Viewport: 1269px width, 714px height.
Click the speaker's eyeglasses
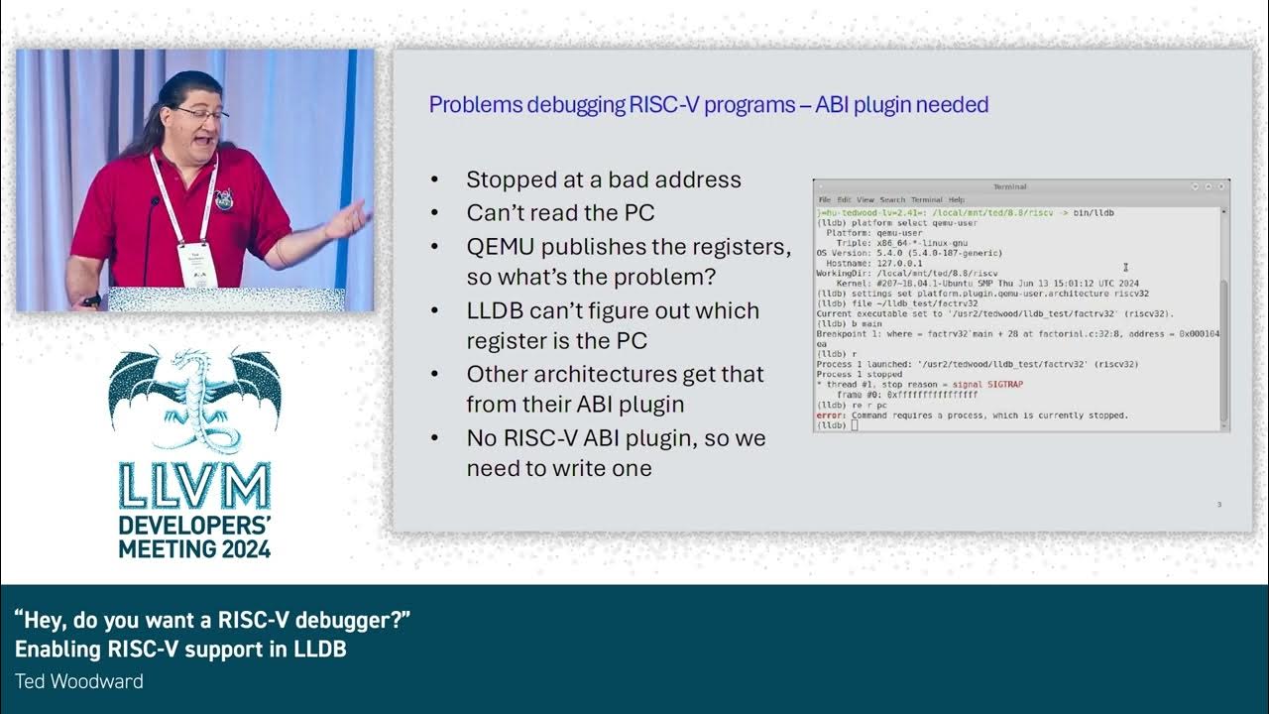205,115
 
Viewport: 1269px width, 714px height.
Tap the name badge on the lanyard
197,263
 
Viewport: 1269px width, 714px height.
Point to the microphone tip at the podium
155,202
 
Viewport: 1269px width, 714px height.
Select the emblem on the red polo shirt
224,199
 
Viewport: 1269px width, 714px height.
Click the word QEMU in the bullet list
501,247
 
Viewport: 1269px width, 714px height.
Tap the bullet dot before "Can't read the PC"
435,213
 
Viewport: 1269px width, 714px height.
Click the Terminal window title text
1009,186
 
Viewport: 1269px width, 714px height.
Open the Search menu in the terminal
892,200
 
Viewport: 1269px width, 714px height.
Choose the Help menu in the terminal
956,200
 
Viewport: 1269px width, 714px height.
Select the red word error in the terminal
831,416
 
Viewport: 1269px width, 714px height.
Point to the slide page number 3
1218,505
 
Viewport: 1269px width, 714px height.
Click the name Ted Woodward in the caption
79,681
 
